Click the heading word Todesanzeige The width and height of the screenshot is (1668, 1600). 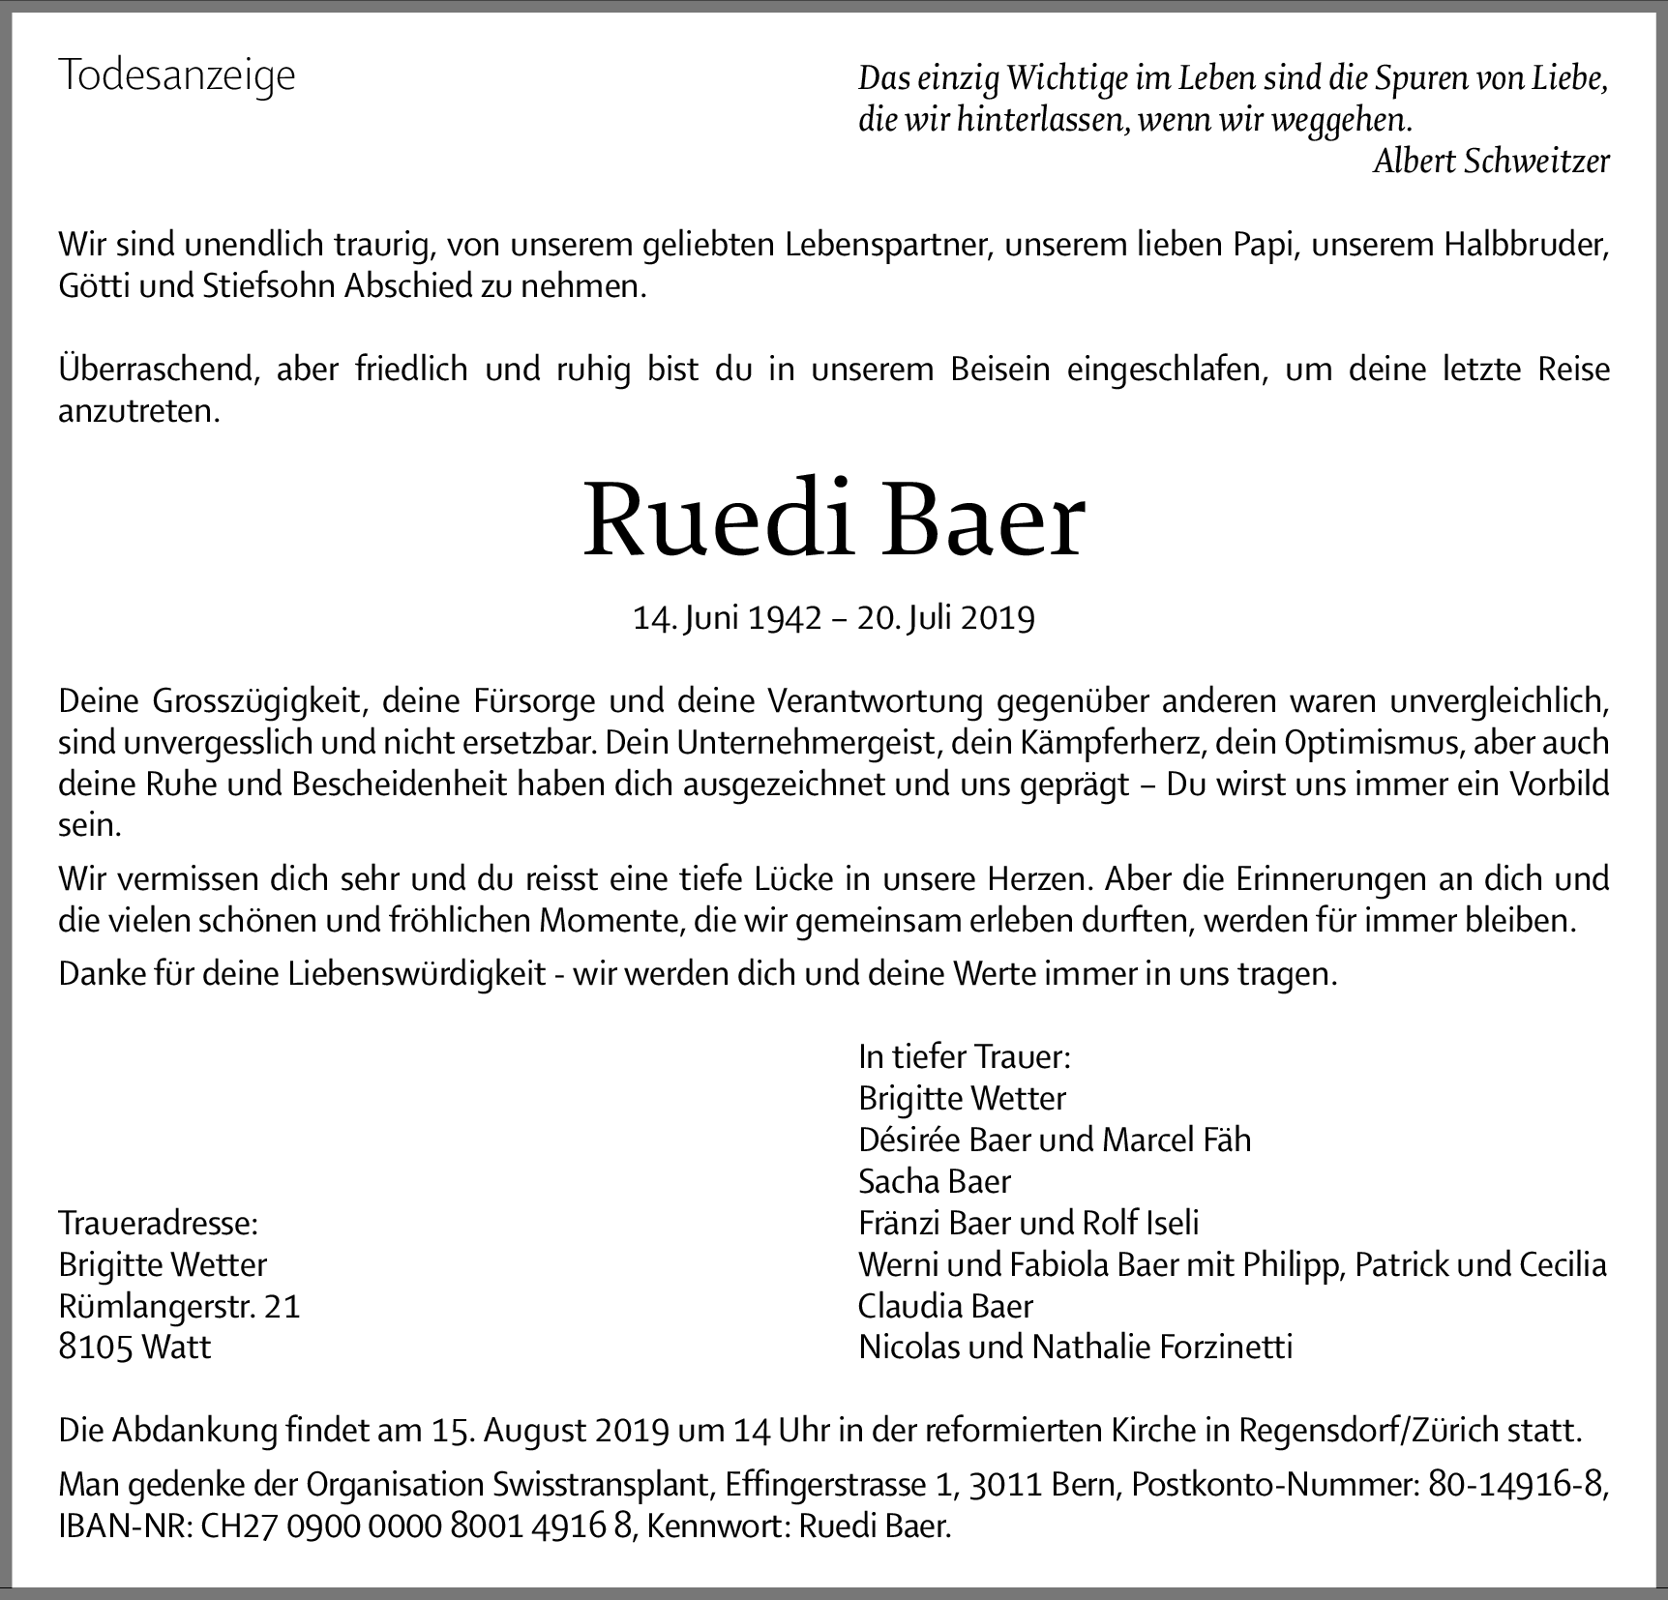pos(177,75)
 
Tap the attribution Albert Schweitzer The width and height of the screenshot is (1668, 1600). pos(1491,162)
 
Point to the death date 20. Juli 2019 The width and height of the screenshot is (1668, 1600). pos(946,617)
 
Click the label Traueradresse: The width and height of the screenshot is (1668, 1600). pos(159,1224)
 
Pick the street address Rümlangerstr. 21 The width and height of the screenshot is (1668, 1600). pos(180,1307)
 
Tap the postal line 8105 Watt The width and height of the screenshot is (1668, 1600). pos(134,1348)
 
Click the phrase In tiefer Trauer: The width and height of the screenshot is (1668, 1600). pos(965,1056)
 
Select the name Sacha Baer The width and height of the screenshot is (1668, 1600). pos(935,1181)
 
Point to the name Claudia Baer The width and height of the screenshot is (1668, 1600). pos(945,1307)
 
